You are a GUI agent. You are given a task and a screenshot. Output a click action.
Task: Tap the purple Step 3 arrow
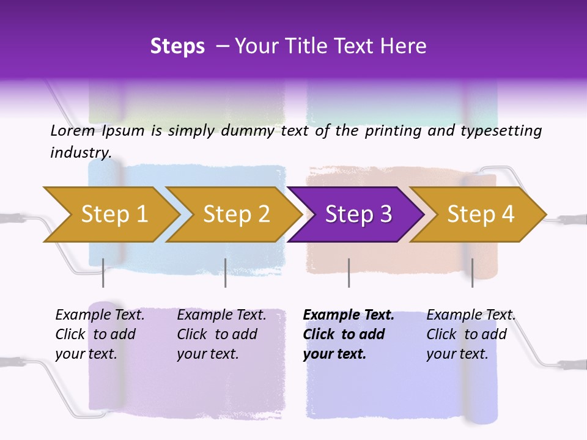pyautogui.click(x=358, y=215)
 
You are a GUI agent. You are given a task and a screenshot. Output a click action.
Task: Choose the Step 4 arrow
pyautogui.click(x=481, y=215)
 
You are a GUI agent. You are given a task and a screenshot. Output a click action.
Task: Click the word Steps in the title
pyautogui.click(x=177, y=46)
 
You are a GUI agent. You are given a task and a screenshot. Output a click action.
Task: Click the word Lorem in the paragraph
pyautogui.click(x=73, y=131)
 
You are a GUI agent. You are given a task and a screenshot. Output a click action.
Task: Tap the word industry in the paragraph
pyautogui.click(x=81, y=152)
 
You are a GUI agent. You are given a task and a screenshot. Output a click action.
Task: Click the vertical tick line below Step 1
pyautogui.click(x=103, y=273)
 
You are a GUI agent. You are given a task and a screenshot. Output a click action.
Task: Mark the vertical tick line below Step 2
pyautogui.click(x=226, y=273)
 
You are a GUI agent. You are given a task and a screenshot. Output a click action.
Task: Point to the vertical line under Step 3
pyautogui.click(x=349, y=273)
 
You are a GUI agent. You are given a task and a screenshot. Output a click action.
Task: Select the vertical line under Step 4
pyautogui.click(x=472, y=273)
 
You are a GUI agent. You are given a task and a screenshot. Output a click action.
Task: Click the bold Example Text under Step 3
pyautogui.click(x=349, y=315)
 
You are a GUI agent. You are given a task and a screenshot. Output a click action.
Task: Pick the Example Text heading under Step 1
pyautogui.click(x=100, y=315)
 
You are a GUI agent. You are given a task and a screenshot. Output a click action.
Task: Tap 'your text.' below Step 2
pyautogui.click(x=208, y=354)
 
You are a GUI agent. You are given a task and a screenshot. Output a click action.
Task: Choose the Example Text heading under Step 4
pyautogui.click(x=471, y=315)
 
